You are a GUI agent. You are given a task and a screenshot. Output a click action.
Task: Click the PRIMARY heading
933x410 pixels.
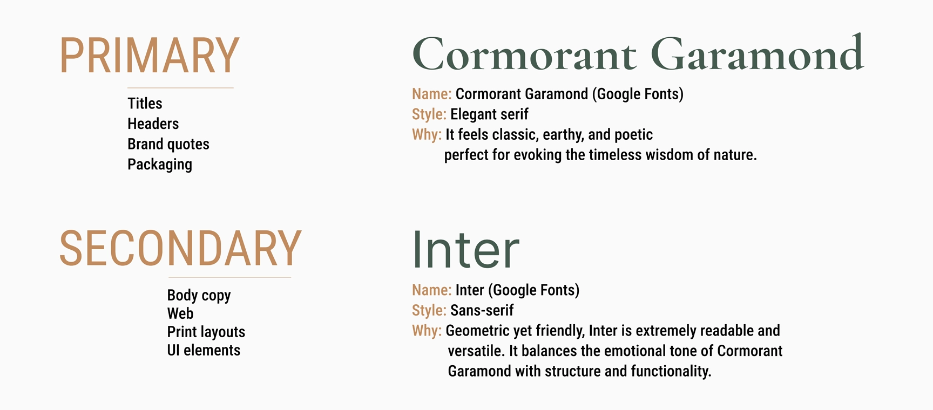pos(149,56)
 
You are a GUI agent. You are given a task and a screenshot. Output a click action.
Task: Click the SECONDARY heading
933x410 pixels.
pos(180,248)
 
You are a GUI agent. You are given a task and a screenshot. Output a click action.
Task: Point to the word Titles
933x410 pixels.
pos(145,103)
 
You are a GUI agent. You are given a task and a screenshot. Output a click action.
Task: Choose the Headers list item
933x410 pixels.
pos(153,124)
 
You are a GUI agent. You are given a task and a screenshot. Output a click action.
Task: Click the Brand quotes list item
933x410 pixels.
pos(168,144)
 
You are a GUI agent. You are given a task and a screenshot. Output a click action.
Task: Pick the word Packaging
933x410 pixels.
pos(160,165)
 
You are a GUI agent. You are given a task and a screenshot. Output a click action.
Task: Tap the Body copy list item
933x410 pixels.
pos(199,296)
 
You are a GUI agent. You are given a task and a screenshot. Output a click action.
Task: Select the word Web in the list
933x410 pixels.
pos(180,313)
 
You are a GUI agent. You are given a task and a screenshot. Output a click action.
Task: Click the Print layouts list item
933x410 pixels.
pos(206,332)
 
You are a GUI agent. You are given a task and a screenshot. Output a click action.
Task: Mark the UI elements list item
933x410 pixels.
pos(204,350)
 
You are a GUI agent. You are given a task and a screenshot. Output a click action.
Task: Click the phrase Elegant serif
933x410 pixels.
pos(489,114)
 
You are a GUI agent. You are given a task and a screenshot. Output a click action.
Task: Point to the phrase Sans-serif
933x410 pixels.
pos(482,310)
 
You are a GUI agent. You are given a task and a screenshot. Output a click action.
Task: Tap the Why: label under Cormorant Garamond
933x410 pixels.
pos(427,135)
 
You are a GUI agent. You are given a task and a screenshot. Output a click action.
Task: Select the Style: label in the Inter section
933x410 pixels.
pos(429,310)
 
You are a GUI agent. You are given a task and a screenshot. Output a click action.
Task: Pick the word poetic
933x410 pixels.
pos(633,135)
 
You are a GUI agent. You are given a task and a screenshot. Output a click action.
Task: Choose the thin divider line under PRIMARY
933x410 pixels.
pos(180,87)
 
